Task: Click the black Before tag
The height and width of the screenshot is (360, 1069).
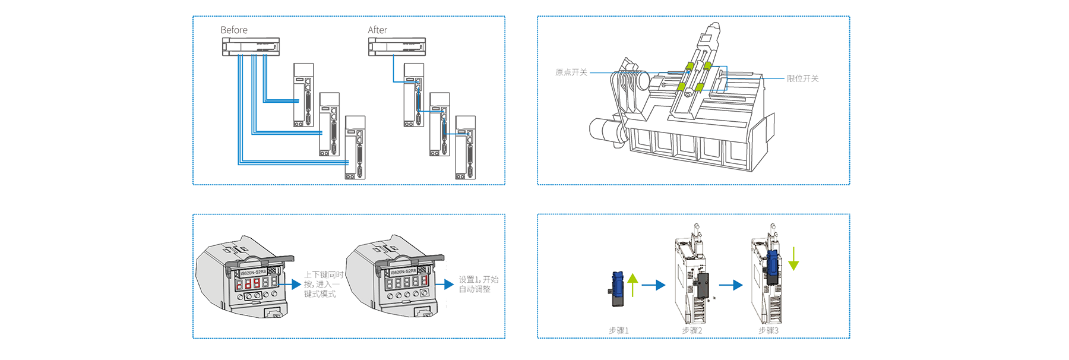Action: (x=231, y=29)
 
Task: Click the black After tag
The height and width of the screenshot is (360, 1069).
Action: (x=374, y=29)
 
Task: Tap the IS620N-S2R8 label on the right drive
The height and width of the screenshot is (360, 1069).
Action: (x=403, y=271)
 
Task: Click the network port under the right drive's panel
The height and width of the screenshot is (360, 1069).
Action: (x=425, y=313)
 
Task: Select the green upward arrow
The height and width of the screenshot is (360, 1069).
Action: (x=632, y=284)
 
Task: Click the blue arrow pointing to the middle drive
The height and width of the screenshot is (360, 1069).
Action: (x=653, y=285)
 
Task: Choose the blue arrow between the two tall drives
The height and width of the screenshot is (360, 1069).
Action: (x=730, y=285)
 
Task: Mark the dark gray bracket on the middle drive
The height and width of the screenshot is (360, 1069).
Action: (x=704, y=286)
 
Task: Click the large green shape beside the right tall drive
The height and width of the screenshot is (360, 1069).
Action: (x=805, y=259)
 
